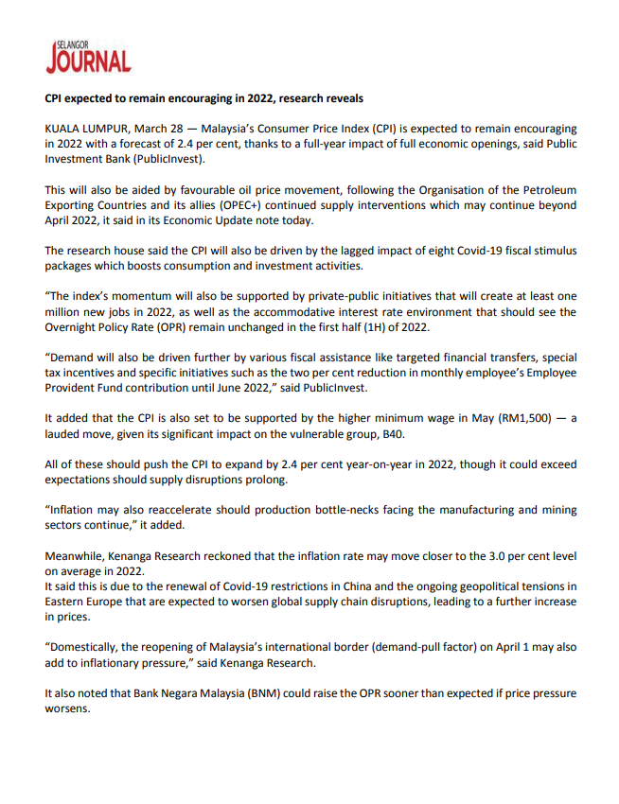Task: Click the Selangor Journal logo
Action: click(88, 57)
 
